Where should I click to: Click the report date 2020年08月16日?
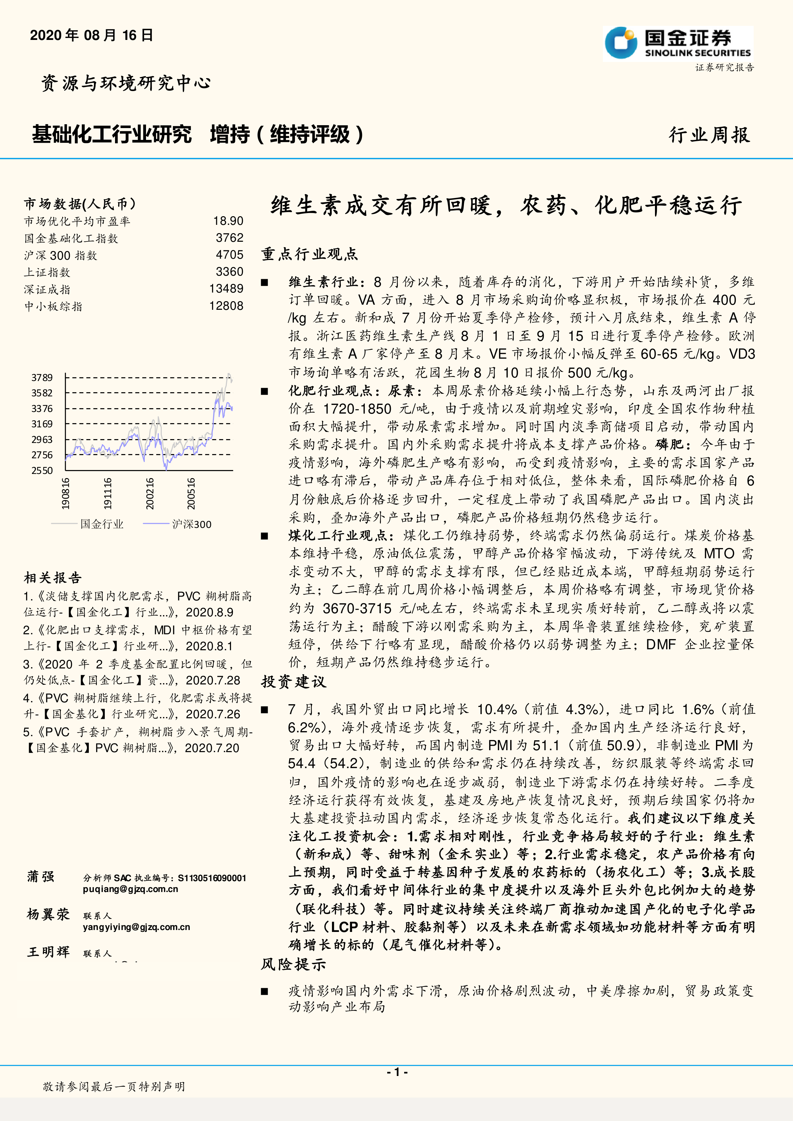point(91,35)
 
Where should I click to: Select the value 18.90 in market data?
point(228,221)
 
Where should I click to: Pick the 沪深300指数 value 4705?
point(229,255)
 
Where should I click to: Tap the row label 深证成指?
point(47,290)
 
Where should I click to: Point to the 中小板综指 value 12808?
point(226,306)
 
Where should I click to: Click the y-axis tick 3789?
point(42,377)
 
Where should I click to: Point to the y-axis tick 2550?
point(42,471)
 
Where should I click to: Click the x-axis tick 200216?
point(150,494)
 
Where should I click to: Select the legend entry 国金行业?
point(102,524)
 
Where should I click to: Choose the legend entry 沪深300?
point(191,524)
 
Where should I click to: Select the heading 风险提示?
point(294,964)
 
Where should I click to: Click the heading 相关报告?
point(53,578)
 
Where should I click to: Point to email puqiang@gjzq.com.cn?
point(130,889)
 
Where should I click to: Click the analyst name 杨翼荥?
point(48,914)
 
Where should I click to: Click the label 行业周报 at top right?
point(709,135)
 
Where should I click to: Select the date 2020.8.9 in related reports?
point(210,612)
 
